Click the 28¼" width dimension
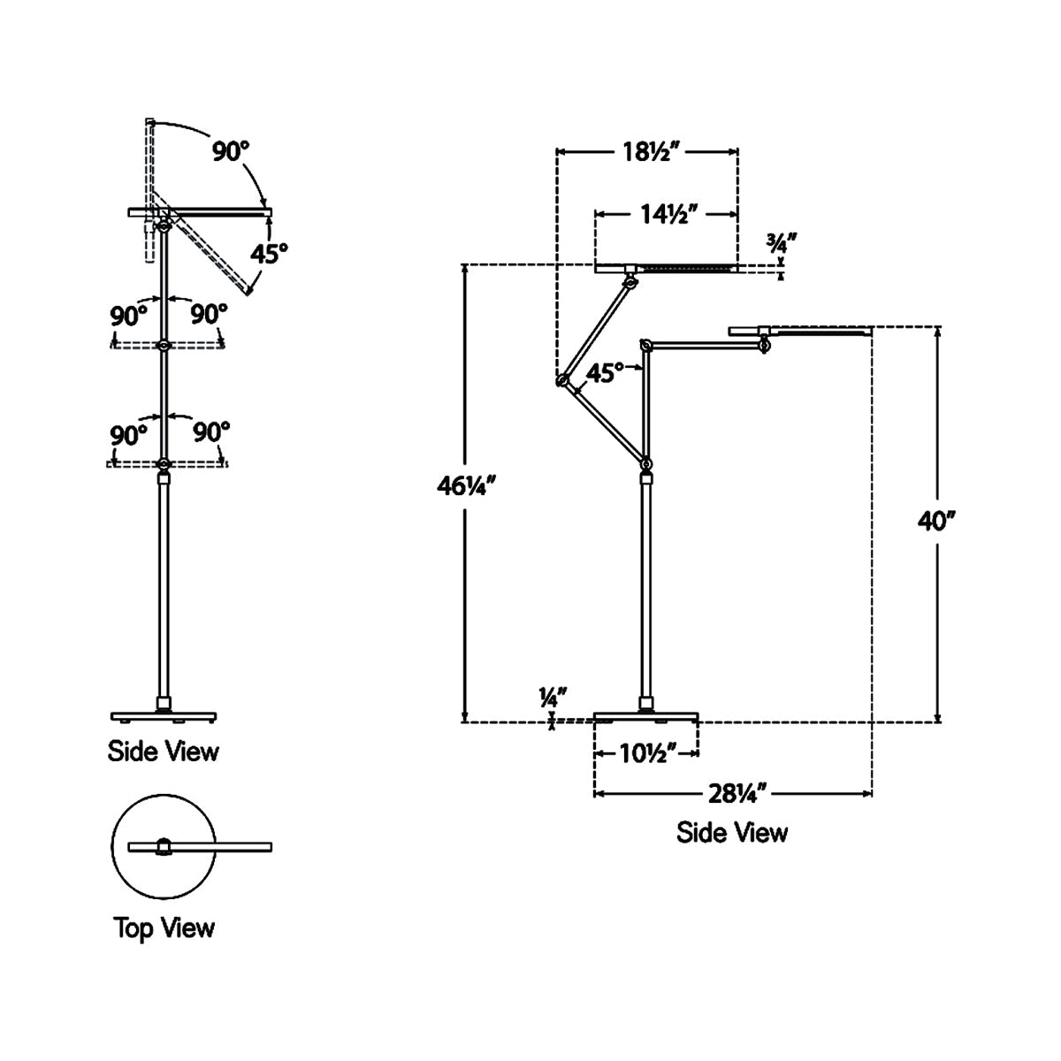733,793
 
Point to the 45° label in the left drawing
269,255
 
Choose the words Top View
164,927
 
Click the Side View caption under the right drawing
731,832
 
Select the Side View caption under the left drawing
163,752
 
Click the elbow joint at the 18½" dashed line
561,381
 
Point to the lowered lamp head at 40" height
800,332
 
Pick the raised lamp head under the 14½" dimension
665,268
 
